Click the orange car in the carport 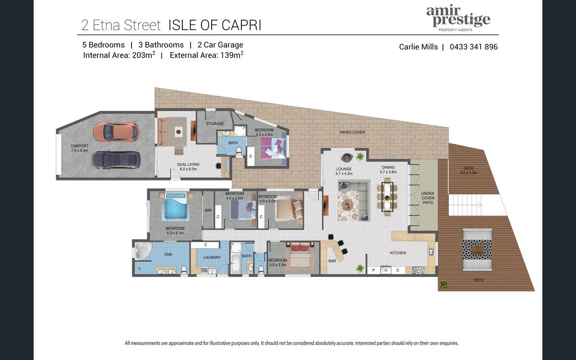[116, 132]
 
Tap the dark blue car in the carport [116, 160]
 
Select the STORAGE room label [215, 124]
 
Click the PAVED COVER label [352, 132]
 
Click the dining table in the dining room [387, 197]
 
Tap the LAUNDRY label [212, 257]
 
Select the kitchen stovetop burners [419, 270]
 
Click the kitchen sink [432, 252]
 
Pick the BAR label [332, 261]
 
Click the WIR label [208, 210]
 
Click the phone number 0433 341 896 [474, 47]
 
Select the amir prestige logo [458, 19]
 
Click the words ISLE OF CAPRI [215, 25]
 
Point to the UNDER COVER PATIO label [428, 198]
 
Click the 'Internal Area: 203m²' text [119, 55]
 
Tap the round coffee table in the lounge [349, 205]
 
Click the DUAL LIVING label [188, 167]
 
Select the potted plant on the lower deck [444, 285]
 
